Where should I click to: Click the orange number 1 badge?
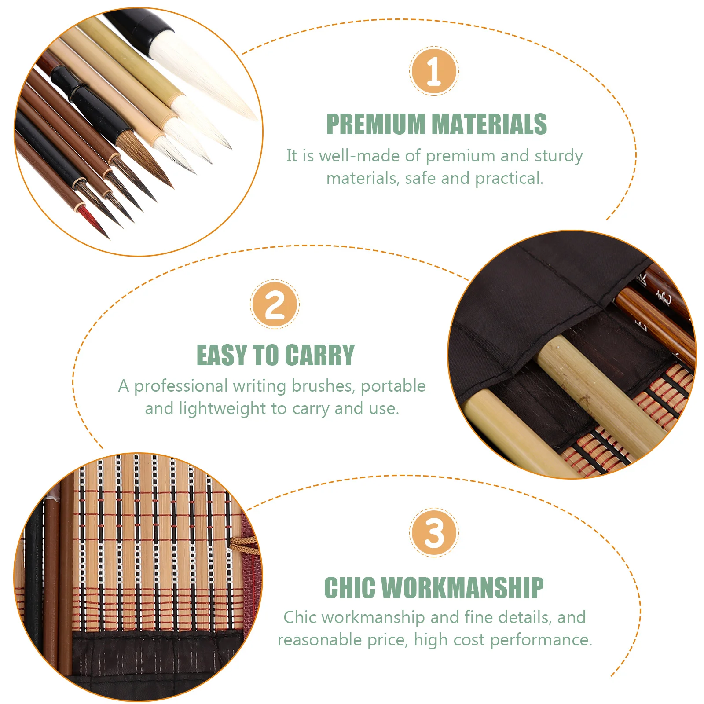(x=434, y=71)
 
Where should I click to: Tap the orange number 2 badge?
(x=275, y=304)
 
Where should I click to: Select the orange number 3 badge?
(x=434, y=532)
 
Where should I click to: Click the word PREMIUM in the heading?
(x=375, y=124)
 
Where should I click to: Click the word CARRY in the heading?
(x=319, y=355)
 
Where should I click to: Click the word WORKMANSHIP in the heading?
(x=462, y=588)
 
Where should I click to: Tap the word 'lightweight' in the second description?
(x=222, y=409)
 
